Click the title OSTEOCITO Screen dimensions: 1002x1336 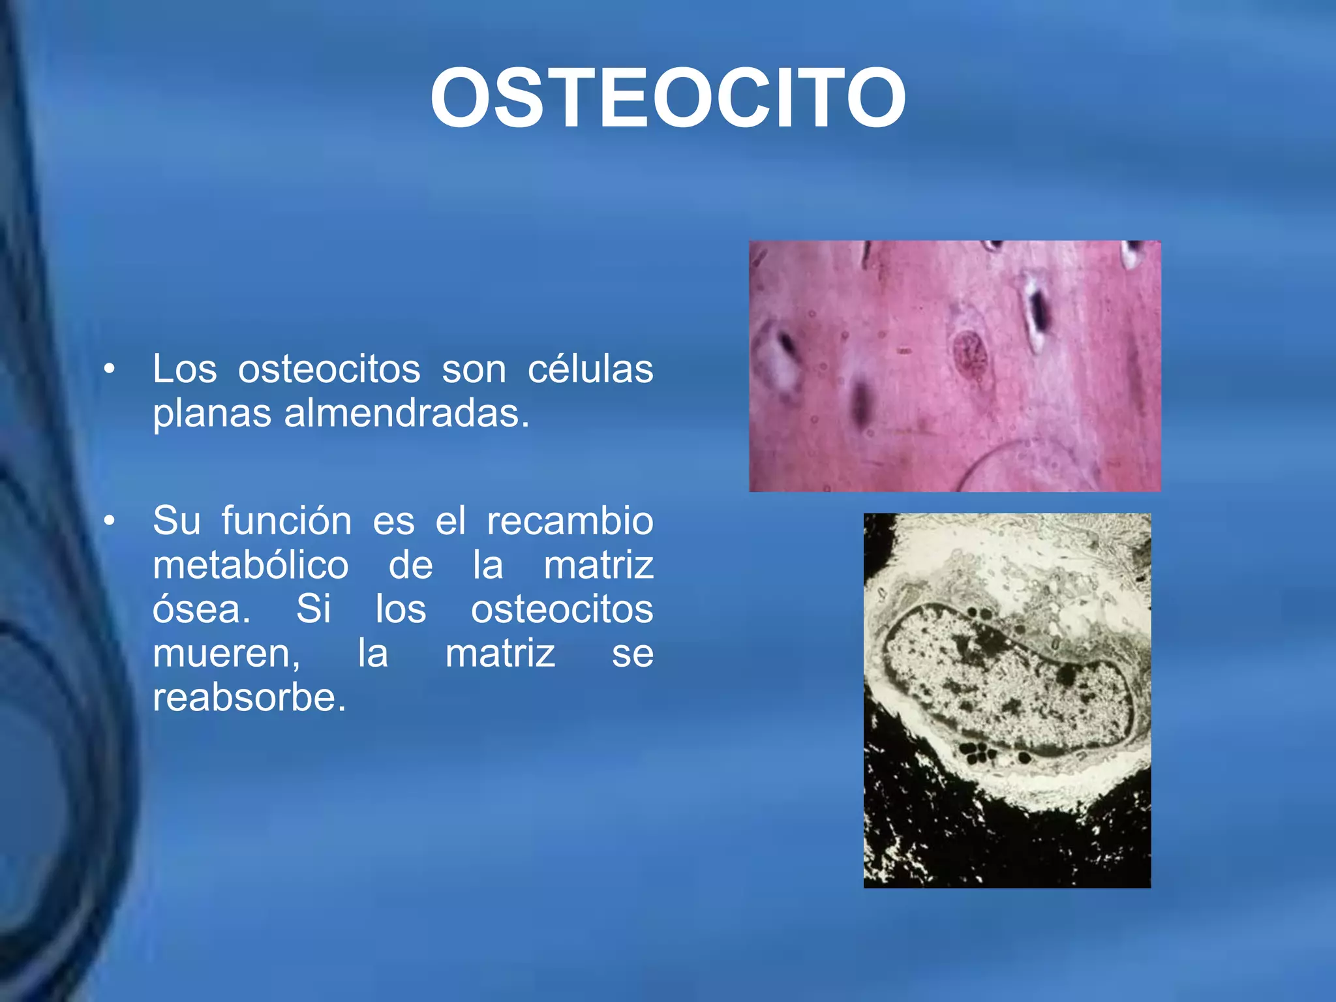coord(667,99)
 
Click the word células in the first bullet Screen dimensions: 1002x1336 coord(590,369)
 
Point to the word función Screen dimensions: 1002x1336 coord(286,521)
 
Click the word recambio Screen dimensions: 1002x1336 coord(569,521)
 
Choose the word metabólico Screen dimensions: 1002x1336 coord(250,566)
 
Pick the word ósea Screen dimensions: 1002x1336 coord(201,609)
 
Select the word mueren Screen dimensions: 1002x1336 coord(226,654)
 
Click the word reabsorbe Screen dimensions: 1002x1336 coord(249,697)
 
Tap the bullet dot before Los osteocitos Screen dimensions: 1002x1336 coord(109,370)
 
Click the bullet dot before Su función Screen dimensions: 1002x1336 coord(109,521)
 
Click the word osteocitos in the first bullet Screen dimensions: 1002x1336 coord(329,369)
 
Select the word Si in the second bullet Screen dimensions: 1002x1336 coord(313,609)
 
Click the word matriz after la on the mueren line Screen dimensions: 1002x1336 coord(500,654)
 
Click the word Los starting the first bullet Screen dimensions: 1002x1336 coord(185,369)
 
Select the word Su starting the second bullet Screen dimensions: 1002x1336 coord(176,521)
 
